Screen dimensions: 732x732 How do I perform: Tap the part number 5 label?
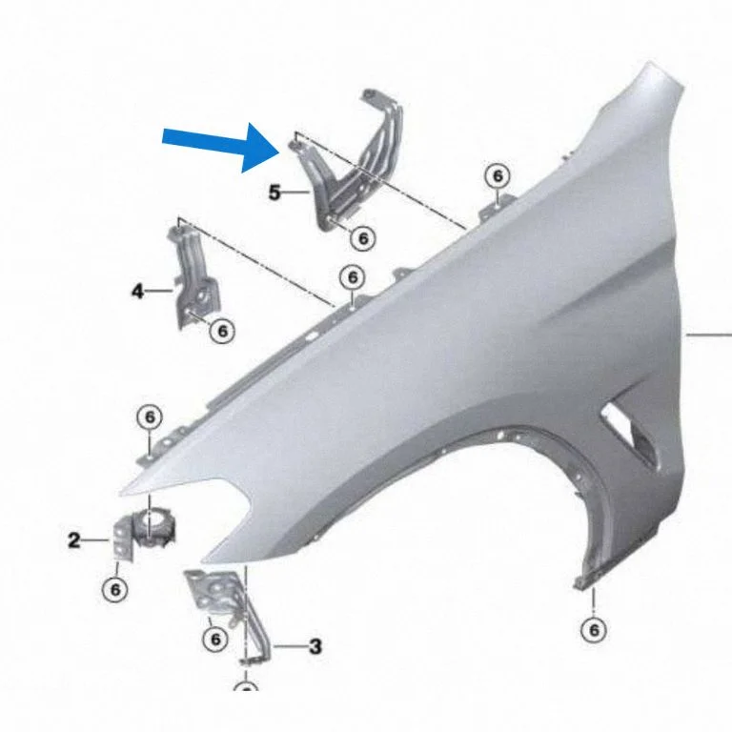[274, 192]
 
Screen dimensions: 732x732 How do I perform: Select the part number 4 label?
[137, 292]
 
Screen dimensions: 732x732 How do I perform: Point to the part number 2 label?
[73, 540]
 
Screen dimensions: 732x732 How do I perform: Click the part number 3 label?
[315, 646]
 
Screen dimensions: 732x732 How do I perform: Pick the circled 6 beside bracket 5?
[363, 238]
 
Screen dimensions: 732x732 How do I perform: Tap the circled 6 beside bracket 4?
[222, 331]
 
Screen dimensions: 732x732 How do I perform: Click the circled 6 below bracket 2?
[114, 589]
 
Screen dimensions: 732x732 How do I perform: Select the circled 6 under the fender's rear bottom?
[594, 630]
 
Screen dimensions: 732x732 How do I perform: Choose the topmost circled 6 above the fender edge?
[498, 176]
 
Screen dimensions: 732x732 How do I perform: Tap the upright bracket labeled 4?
[193, 276]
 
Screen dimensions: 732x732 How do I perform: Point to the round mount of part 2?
[154, 527]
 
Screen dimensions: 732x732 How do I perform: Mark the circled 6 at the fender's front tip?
[150, 417]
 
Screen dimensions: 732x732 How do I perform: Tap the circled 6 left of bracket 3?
[215, 639]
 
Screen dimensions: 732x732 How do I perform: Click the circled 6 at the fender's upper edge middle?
[353, 277]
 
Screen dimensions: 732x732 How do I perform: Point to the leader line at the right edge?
[708, 335]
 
